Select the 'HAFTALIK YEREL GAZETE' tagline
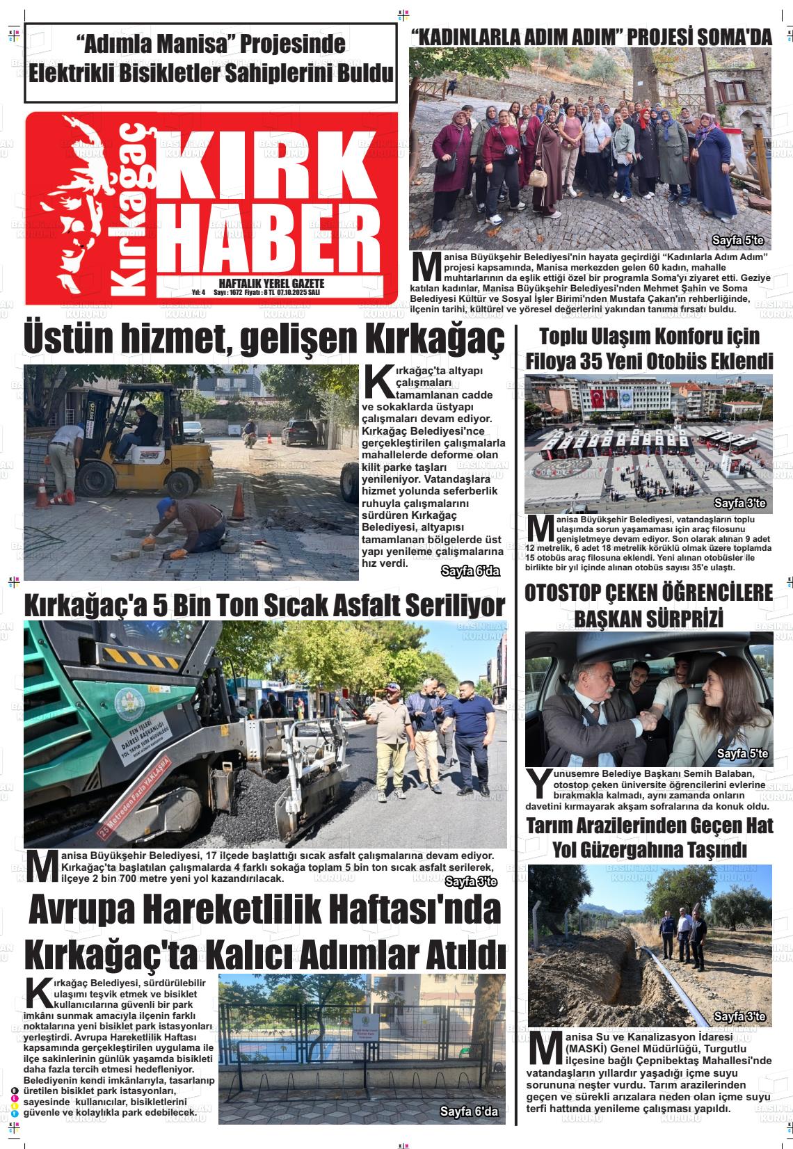pyautogui.click(x=271, y=284)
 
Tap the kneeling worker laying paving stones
pyautogui.click(x=191, y=525)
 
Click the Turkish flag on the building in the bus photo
pyautogui.click(x=597, y=399)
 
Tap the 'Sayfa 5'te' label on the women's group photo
pyautogui.click(x=738, y=241)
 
